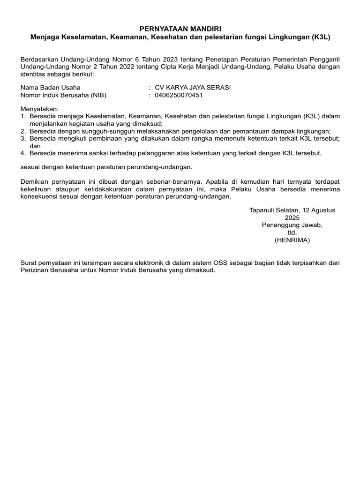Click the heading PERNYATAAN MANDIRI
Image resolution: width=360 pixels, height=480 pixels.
coord(180,29)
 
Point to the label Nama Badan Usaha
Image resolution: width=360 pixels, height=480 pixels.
coord(51,88)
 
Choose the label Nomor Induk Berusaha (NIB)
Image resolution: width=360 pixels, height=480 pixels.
coord(64,95)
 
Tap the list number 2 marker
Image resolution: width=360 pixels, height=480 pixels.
coord(23,131)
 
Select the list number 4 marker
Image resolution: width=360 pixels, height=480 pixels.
coord(23,153)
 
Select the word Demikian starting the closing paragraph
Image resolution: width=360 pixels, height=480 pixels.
coord(35,181)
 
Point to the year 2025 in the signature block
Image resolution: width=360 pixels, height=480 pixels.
coord(292,218)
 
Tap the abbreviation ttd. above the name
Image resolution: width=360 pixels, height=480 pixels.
coord(292,232)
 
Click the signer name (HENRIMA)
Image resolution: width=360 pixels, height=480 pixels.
coord(292,240)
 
